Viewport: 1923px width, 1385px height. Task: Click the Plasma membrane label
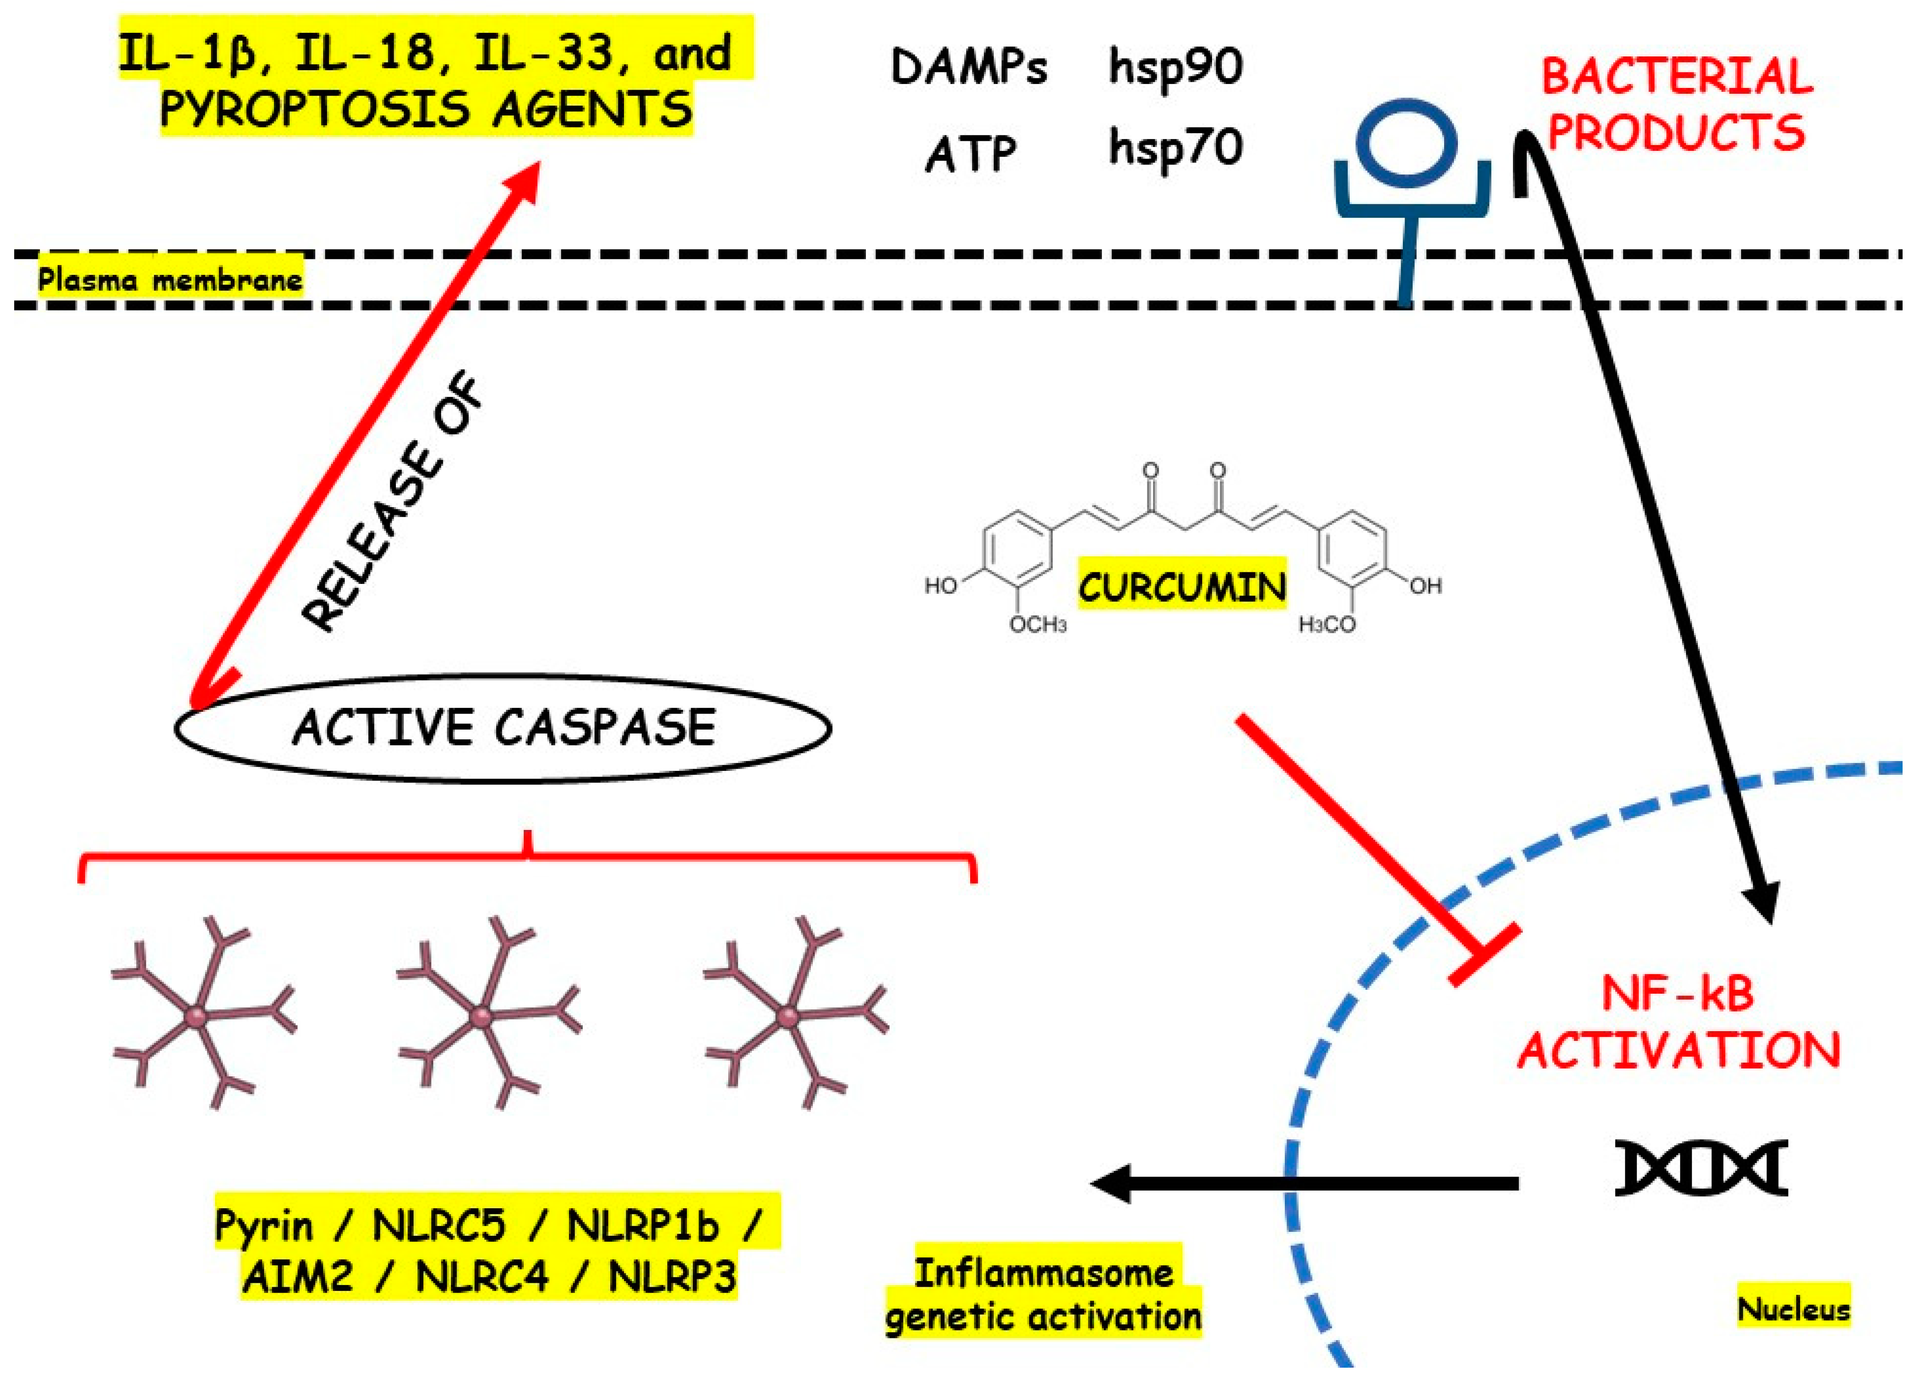(x=170, y=279)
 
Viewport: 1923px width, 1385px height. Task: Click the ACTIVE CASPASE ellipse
(x=503, y=728)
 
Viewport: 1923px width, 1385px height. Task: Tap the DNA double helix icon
(x=1700, y=1168)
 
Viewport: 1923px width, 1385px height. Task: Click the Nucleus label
(x=1793, y=1309)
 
